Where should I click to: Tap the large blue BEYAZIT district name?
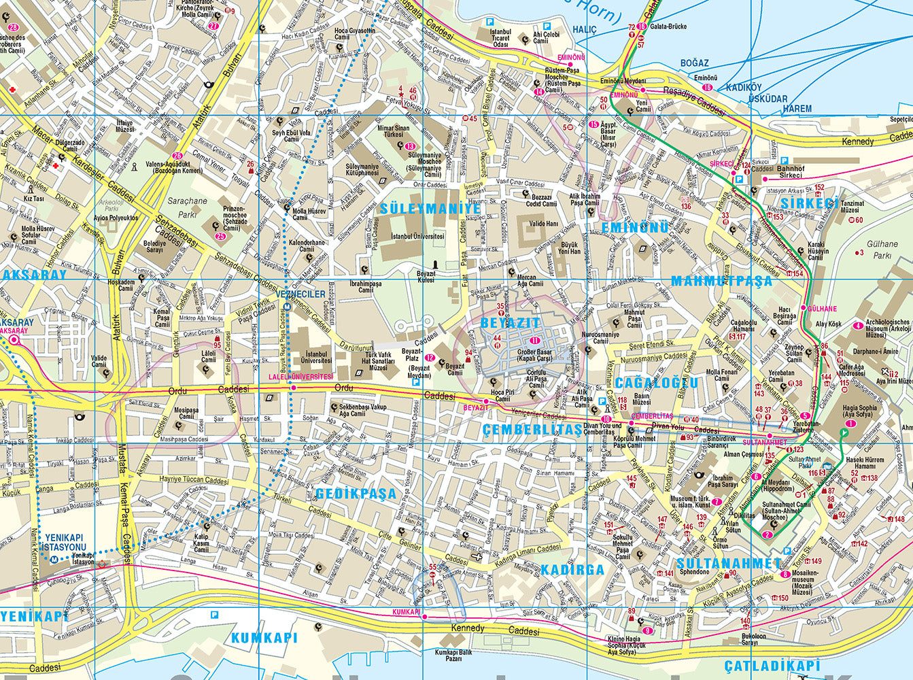[510, 322]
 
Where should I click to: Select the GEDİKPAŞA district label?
[356, 494]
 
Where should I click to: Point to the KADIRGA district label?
[572, 570]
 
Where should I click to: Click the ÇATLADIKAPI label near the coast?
[772, 666]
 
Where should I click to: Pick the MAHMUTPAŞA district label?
[721, 281]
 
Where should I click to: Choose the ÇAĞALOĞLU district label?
[656, 383]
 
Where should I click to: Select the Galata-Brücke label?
[669, 27]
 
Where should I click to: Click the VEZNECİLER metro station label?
[301, 294]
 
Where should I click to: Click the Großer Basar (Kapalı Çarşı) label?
[534, 356]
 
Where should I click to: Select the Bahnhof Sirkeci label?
[790, 172]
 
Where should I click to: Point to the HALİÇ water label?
[584, 29]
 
